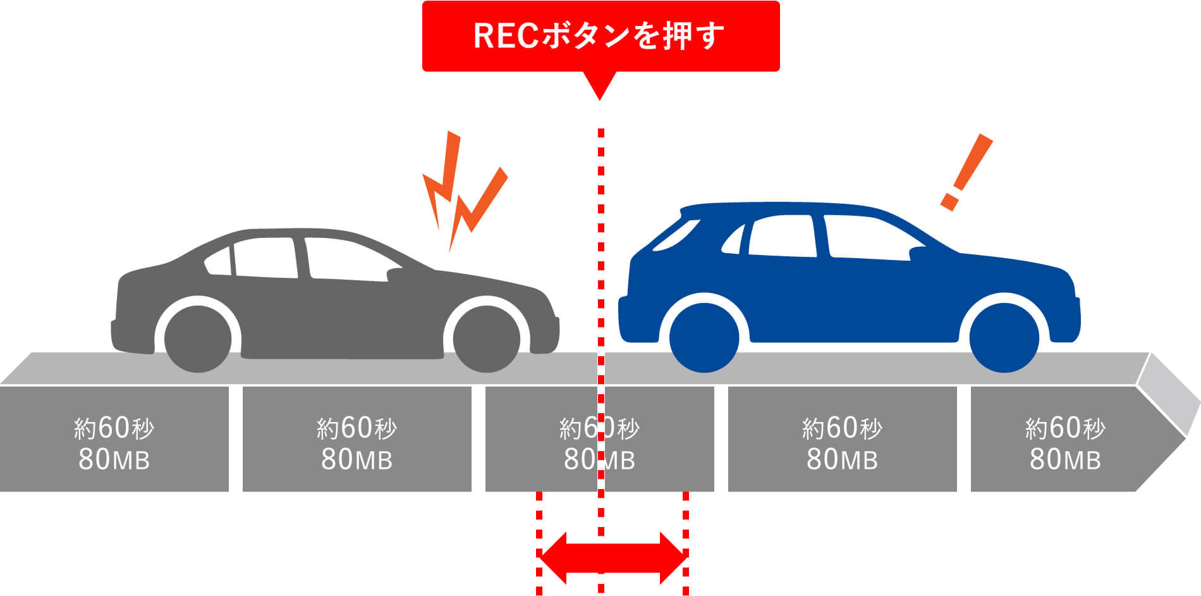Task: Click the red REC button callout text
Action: [599, 35]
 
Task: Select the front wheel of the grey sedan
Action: [486, 338]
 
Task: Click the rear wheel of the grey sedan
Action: [198, 338]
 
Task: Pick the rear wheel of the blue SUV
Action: [704, 337]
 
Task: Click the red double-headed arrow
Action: [612, 558]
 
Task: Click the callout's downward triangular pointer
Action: [600, 85]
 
